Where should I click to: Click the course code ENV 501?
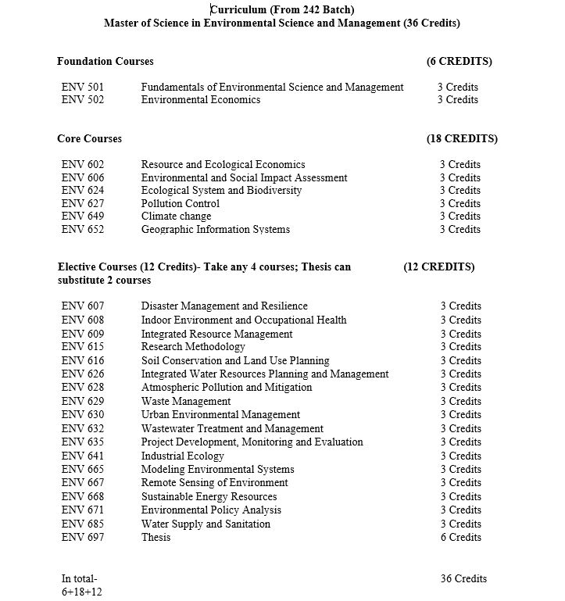(x=82, y=87)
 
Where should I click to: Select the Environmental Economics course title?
(x=200, y=99)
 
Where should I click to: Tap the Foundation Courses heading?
(x=105, y=61)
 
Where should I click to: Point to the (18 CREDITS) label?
(x=461, y=138)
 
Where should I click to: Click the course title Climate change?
(x=176, y=216)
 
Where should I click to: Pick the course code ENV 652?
(x=82, y=229)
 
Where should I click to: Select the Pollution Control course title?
(x=180, y=203)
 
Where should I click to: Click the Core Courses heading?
(x=89, y=138)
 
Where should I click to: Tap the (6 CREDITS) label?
(x=459, y=61)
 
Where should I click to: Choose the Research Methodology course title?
(x=193, y=346)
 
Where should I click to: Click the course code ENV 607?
(x=82, y=306)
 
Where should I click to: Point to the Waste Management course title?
(x=186, y=401)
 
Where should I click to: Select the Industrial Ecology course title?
(x=182, y=456)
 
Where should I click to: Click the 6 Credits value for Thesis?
(x=460, y=537)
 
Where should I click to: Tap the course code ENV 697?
(x=82, y=537)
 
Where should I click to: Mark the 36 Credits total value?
(x=463, y=578)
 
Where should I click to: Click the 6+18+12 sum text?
(x=81, y=592)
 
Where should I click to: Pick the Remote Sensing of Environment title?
(x=214, y=482)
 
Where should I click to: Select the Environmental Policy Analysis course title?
(x=211, y=510)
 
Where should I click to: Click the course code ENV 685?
(x=82, y=524)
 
